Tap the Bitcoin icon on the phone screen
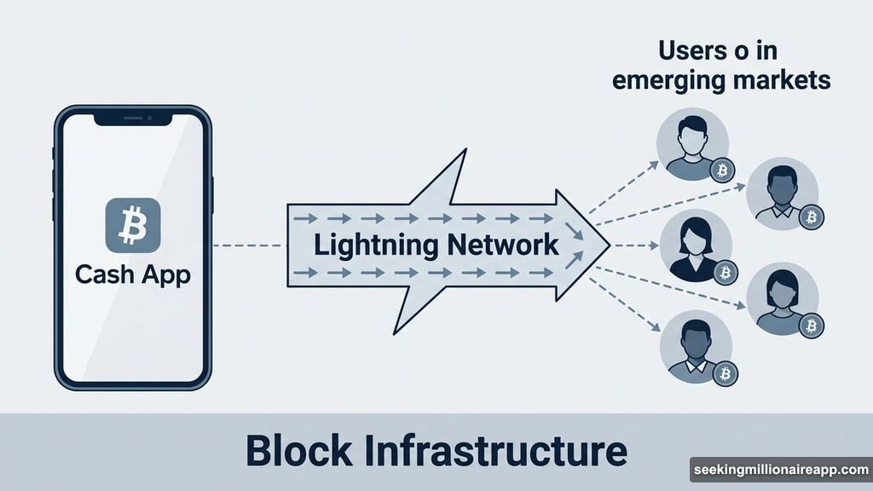[x=132, y=224]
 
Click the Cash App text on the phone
[x=132, y=274]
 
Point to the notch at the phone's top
[x=132, y=120]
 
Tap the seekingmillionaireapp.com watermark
[x=779, y=470]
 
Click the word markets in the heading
[x=783, y=81]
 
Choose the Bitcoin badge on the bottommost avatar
[x=726, y=373]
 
